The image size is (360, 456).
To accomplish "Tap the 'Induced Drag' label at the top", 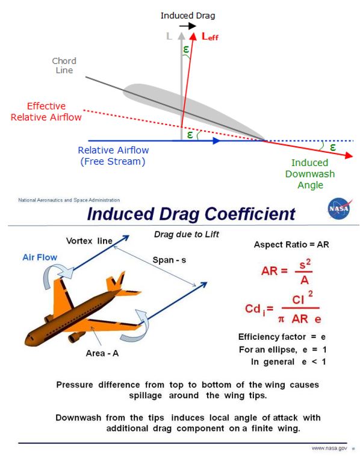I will (187, 15).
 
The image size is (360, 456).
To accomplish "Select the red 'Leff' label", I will (209, 37).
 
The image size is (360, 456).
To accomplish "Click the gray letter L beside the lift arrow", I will (170, 37).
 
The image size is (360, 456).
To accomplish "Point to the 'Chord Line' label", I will (63, 66).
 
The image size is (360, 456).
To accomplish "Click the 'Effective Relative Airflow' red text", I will (46, 112).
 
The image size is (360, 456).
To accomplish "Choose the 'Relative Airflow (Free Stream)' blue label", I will (113, 156).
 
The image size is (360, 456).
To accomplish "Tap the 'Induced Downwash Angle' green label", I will (310, 174).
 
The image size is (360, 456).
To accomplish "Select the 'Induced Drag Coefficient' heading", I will (191, 214).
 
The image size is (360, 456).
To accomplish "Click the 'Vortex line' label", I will (89, 241).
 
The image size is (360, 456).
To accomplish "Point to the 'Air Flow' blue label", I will (40, 257).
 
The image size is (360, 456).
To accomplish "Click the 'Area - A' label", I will (102, 353).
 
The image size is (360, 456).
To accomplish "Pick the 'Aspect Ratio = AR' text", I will (291, 245).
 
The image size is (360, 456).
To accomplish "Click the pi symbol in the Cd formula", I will (281, 318).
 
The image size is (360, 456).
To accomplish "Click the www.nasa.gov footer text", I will (329, 448).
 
